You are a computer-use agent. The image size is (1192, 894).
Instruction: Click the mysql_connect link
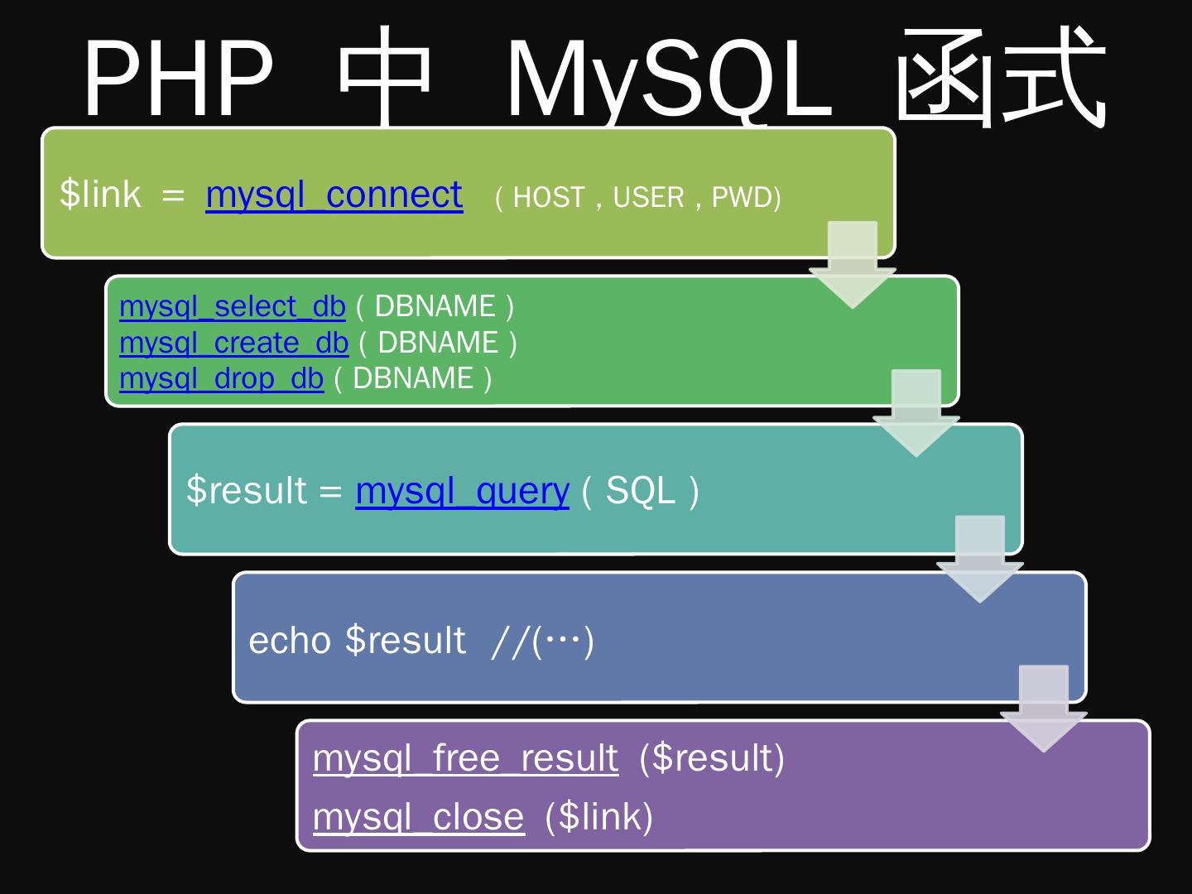tap(334, 195)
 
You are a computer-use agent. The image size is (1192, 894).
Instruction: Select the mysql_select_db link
tap(232, 306)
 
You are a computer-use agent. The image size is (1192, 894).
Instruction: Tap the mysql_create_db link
tap(233, 343)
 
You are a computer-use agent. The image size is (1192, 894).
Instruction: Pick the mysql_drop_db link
tap(221, 378)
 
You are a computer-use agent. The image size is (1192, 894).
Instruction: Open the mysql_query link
tap(462, 491)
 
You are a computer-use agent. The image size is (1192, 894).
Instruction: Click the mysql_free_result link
tap(465, 758)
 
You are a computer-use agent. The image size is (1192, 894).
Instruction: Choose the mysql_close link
tap(418, 817)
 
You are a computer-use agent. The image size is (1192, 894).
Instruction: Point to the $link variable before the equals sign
tap(100, 195)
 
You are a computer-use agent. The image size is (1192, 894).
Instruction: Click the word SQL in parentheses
tap(640, 491)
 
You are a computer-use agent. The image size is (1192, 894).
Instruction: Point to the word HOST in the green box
tap(549, 197)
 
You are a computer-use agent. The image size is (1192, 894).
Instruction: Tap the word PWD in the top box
tap(742, 197)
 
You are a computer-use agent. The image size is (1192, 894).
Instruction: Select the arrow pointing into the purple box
tap(1043, 708)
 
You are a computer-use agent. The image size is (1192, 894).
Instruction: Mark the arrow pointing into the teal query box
tap(916, 411)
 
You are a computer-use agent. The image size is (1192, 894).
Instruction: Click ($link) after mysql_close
tap(598, 817)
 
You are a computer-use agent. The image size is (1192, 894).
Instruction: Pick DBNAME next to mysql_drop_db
tap(413, 378)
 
